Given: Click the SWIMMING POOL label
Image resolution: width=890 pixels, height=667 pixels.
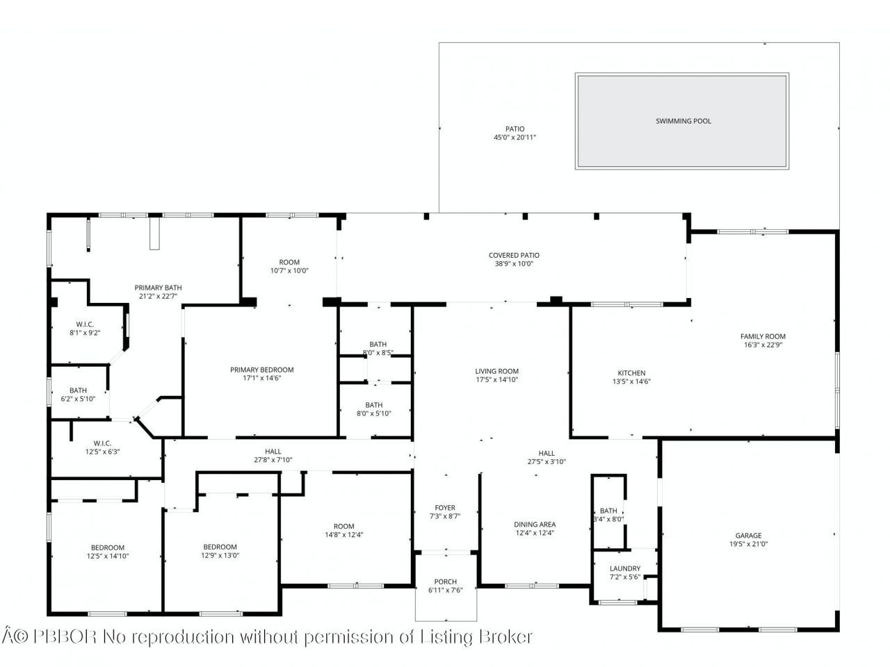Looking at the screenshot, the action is (683, 121).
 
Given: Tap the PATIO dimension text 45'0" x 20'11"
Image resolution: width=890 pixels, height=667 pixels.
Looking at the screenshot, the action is (515, 138).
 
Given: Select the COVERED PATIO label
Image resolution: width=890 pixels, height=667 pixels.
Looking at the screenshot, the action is (514, 255).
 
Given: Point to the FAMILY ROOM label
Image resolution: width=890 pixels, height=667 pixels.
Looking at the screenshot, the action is (763, 336).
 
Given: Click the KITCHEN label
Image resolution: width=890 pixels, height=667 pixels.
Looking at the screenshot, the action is (631, 373).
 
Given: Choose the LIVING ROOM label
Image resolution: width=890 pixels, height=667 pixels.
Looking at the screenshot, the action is (496, 371).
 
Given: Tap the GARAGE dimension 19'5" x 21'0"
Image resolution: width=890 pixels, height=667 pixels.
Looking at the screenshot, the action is (748, 544).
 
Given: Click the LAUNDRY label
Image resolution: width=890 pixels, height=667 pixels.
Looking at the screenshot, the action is (625, 568).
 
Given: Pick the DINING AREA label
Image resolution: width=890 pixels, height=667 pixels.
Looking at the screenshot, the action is (535, 525).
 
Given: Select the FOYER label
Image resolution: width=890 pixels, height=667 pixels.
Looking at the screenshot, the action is (445, 507).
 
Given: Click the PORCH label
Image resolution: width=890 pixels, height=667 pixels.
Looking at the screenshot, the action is (445, 582).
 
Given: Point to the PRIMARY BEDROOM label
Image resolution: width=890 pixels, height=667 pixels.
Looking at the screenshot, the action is (261, 370).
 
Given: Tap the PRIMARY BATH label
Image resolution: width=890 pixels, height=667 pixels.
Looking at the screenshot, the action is (158, 288).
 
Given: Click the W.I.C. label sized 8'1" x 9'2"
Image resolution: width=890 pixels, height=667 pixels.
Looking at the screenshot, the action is (85, 324).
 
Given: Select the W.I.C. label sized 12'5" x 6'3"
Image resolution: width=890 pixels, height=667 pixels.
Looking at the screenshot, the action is (102, 443).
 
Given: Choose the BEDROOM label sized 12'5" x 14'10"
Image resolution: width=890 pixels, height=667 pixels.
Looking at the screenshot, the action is (108, 547).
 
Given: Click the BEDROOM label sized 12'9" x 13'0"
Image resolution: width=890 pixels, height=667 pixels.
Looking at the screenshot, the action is (220, 547).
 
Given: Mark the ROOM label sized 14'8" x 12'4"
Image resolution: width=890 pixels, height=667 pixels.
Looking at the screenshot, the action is (344, 526).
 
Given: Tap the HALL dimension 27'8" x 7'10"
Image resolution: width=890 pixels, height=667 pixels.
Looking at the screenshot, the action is (273, 460).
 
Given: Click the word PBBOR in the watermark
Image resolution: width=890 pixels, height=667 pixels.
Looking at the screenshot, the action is (65, 637).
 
